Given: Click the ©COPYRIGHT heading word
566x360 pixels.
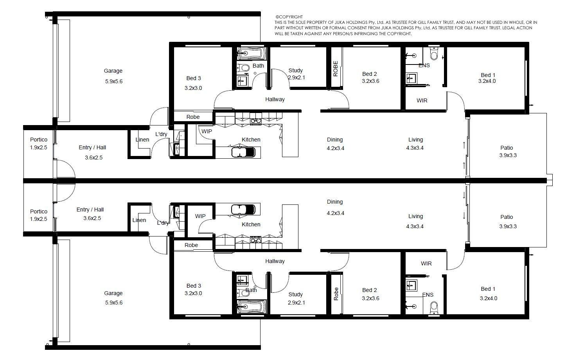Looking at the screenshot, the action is pyautogui.click(x=289, y=17).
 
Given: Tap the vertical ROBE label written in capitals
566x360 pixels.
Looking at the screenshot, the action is pyautogui.click(x=336, y=69).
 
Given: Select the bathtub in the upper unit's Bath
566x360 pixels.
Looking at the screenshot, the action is pyautogui.click(x=252, y=53).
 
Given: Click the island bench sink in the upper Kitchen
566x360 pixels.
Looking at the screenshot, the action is pyautogui.click(x=243, y=152).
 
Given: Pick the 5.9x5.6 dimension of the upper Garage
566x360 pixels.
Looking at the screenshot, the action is pyautogui.click(x=114, y=81).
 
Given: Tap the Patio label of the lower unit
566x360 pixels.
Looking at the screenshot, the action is pyautogui.click(x=507, y=217).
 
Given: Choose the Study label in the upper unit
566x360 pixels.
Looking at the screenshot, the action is pyautogui.click(x=296, y=70).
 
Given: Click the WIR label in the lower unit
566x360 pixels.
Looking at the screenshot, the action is pyautogui.click(x=426, y=263).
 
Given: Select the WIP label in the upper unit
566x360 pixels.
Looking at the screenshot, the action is pyautogui.click(x=207, y=131).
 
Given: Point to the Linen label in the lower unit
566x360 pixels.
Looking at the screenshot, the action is pyautogui.click(x=139, y=220).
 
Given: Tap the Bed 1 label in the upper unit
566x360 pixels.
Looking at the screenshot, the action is pyautogui.click(x=488, y=75).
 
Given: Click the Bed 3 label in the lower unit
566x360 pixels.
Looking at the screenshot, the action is pyautogui.click(x=194, y=286).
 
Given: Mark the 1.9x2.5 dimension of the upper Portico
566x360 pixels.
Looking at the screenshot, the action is pyautogui.click(x=39, y=147).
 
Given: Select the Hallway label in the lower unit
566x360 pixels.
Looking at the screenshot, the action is pyautogui.click(x=275, y=261).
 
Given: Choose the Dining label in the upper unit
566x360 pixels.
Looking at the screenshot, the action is pyautogui.click(x=335, y=140).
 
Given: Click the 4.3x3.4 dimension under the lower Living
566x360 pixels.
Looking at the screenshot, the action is pyautogui.click(x=415, y=226).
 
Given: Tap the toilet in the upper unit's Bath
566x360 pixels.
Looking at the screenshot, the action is pyautogui.click(x=243, y=68).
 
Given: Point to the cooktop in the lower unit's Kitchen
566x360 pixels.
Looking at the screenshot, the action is pyautogui.click(x=255, y=241).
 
